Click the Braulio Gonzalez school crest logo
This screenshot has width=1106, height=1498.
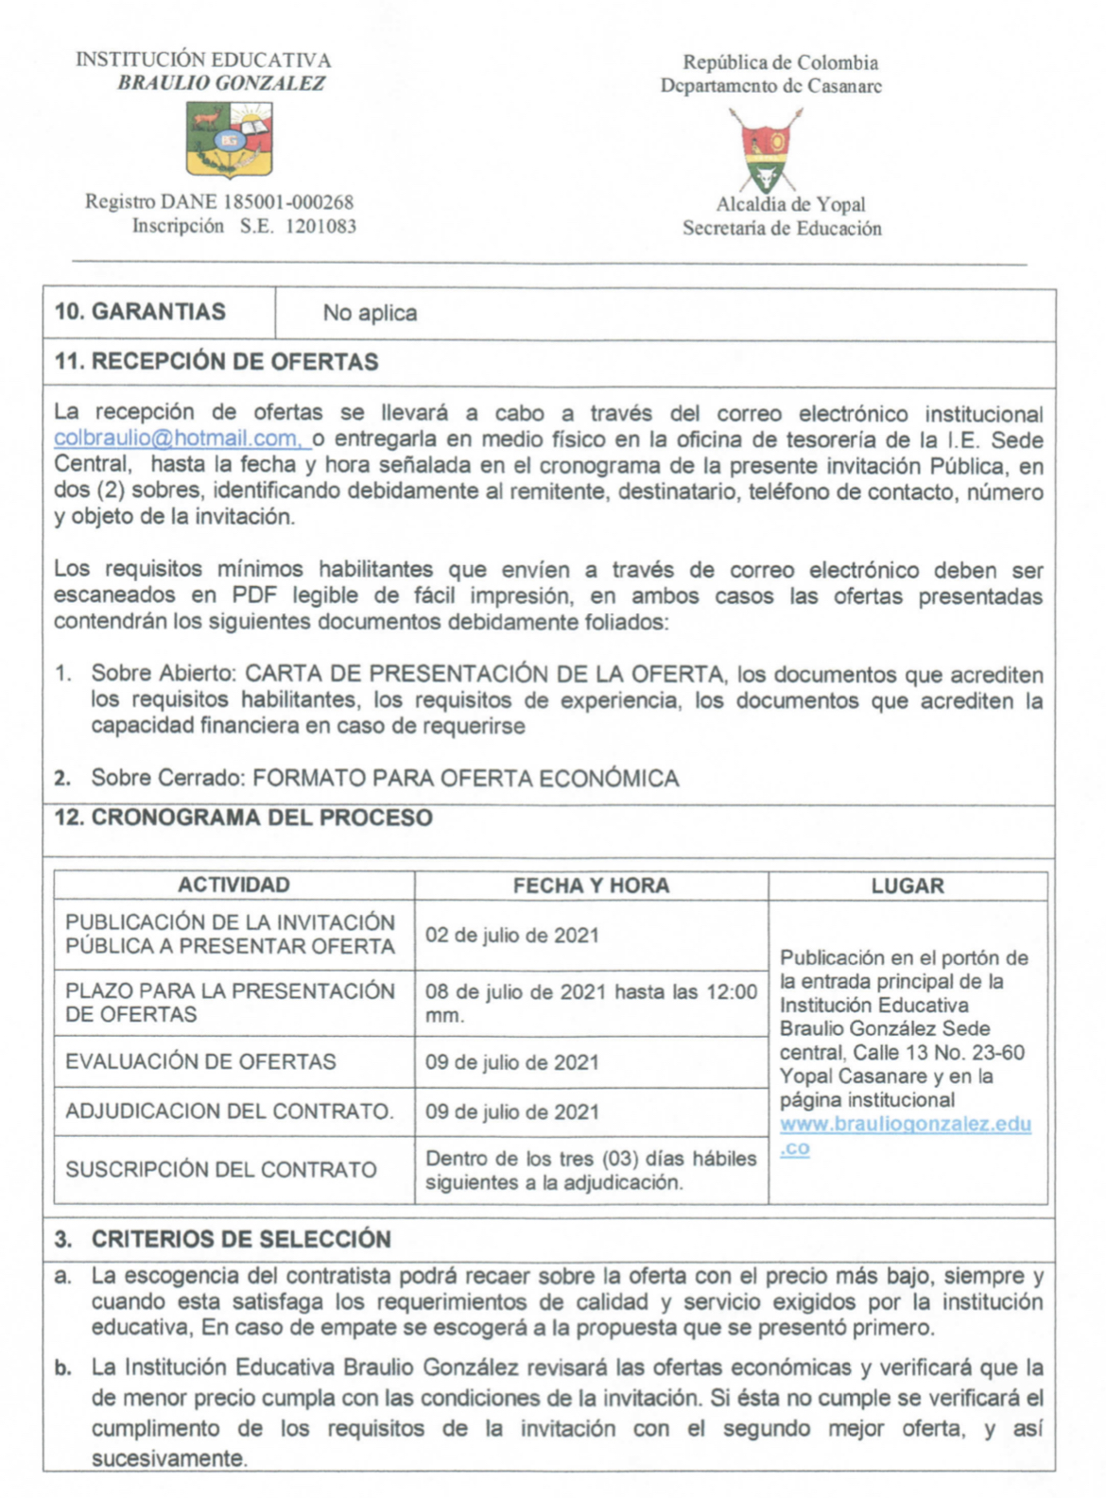pos(230,140)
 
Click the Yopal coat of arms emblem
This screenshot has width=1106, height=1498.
pos(767,150)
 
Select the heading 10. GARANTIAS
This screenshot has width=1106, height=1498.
pos(140,312)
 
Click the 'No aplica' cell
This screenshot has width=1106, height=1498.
pos(370,313)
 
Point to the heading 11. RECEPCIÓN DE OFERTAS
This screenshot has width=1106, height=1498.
pos(216,362)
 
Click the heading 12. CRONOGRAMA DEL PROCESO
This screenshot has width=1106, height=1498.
pos(244,818)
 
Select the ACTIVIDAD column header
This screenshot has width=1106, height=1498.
pos(233,885)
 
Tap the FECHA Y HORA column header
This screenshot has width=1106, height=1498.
pos(591,886)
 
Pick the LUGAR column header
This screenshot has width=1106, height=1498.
pos(907,886)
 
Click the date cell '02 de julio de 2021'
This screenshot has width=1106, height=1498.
pos(512,936)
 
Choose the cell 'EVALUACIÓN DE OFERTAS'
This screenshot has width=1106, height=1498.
pos(200,1061)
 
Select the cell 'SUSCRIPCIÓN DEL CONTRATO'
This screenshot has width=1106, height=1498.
pos(221,1169)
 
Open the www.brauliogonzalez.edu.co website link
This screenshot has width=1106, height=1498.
pos(905,1125)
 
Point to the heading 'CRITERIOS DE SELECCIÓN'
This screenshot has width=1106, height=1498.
pos(241,1239)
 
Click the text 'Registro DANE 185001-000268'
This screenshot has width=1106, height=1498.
pos(219,201)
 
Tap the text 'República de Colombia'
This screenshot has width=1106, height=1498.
pos(781,62)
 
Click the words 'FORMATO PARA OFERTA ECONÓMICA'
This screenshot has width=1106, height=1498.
pos(466,778)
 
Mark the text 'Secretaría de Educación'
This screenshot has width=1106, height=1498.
pos(782,228)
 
